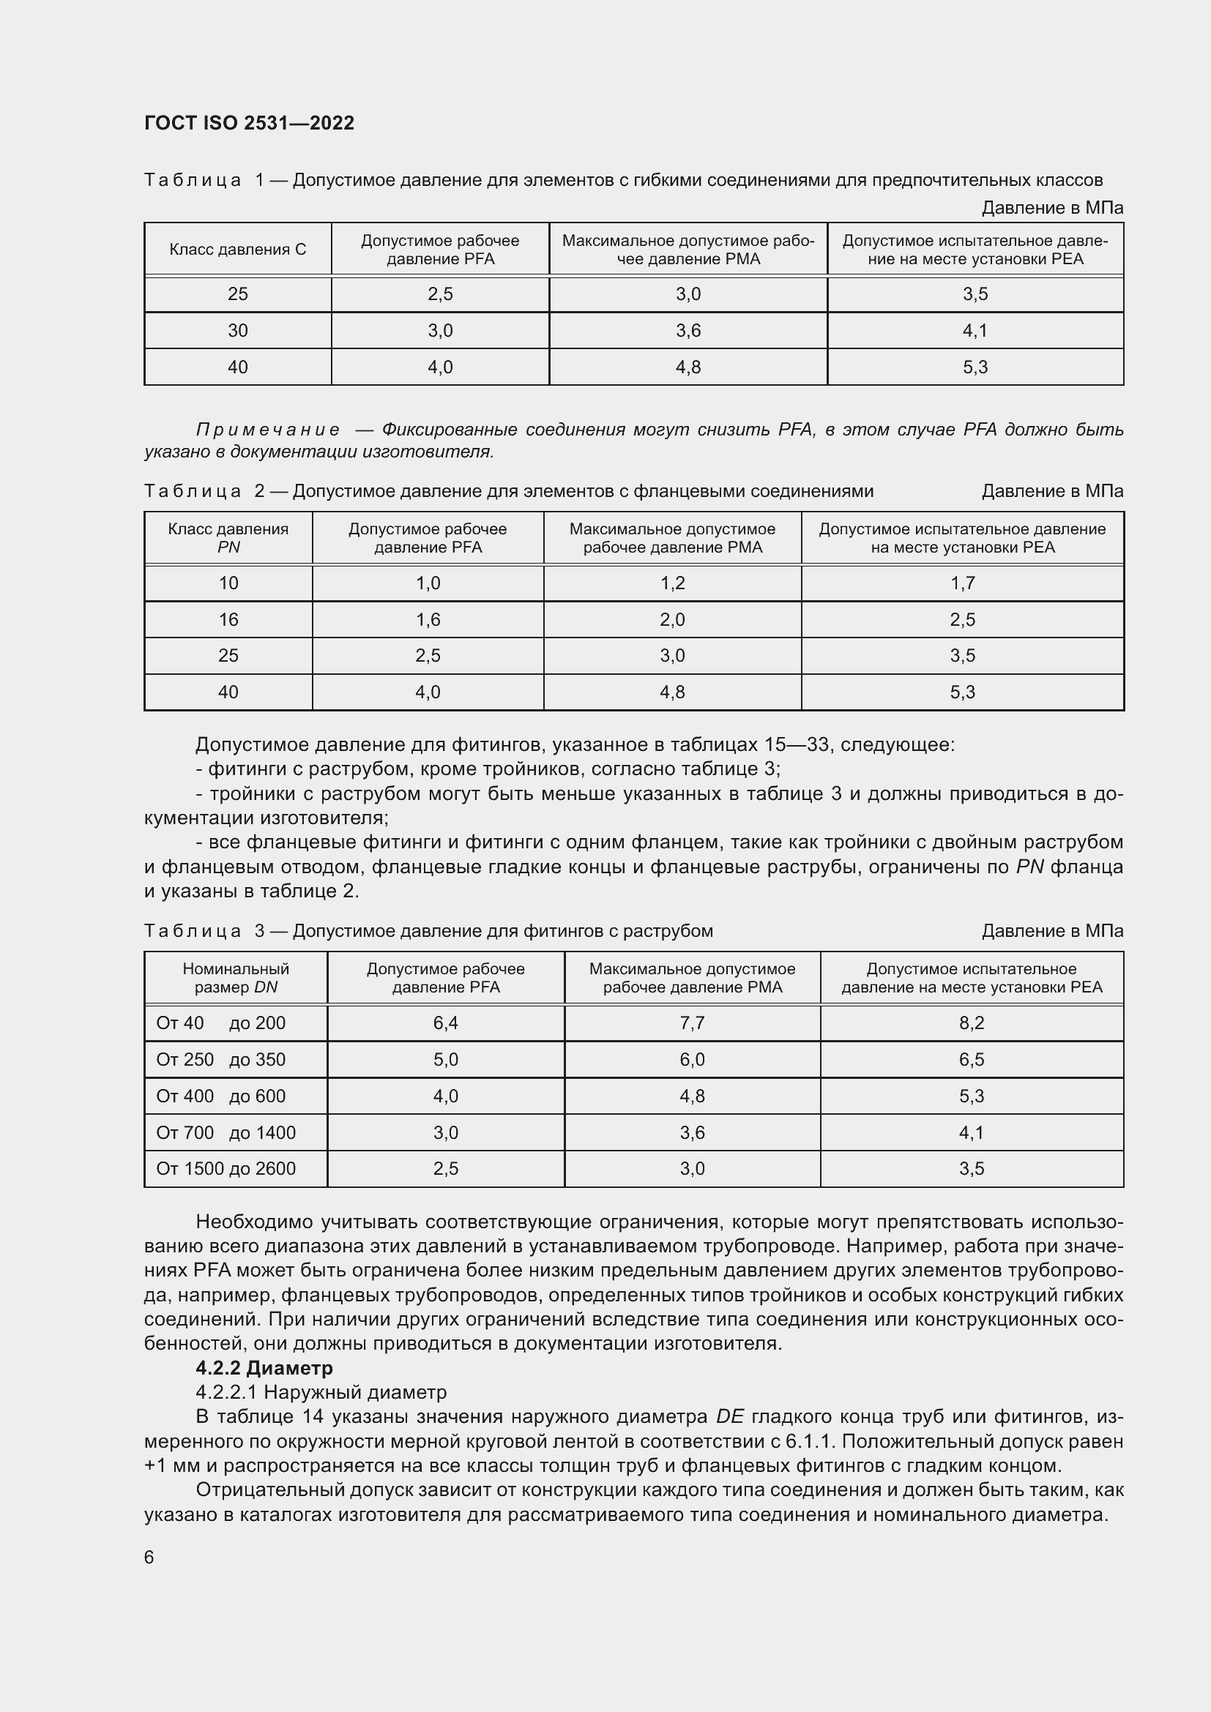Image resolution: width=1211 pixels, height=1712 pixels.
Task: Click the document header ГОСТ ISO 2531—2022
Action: pos(249,123)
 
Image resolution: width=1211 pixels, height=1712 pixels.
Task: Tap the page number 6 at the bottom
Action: pos(149,1557)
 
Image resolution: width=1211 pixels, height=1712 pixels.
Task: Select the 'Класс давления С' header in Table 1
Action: pos(237,250)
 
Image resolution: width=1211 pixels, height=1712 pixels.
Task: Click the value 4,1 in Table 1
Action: pos(975,330)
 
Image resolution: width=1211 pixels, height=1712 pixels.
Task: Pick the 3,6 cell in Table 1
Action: pos(688,330)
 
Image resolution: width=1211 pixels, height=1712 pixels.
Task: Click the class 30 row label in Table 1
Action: pos(237,330)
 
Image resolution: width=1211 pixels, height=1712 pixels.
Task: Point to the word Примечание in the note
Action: pos(268,430)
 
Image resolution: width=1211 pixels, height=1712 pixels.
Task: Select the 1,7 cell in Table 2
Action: pos(962,583)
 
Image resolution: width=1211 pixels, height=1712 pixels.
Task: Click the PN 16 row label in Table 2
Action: pos(228,620)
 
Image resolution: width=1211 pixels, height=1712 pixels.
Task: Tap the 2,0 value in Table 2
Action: pos(672,620)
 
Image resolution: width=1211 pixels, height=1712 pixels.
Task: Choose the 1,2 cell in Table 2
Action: pos(672,583)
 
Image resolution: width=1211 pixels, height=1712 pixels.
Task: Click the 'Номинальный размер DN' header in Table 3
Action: pos(236,978)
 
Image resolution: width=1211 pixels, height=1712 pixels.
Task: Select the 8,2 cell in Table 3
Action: pos(971,1023)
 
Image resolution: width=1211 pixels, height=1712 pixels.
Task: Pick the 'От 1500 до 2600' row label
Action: pos(226,1168)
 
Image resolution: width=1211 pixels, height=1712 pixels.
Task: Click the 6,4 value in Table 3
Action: pos(445,1023)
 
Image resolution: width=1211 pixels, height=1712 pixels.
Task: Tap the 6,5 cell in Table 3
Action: pos(971,1060)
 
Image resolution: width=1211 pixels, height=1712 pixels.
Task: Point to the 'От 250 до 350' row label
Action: pos(220,1060)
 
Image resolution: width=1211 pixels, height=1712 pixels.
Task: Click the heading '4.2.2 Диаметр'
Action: pos(264,1367)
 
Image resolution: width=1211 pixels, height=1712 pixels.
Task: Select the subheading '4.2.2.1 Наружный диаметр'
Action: pos(321,1392)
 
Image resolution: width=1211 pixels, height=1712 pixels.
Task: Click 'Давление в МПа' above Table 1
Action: pos(1051,208)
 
